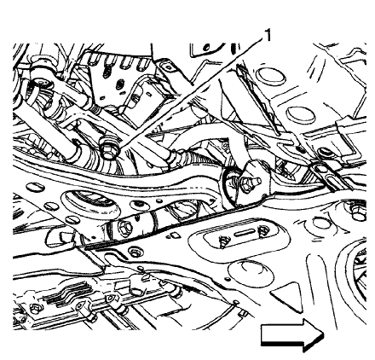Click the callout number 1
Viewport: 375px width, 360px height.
point(267,35)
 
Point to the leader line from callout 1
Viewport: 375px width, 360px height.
point(187,94)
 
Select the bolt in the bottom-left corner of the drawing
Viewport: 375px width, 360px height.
point(34,306)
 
